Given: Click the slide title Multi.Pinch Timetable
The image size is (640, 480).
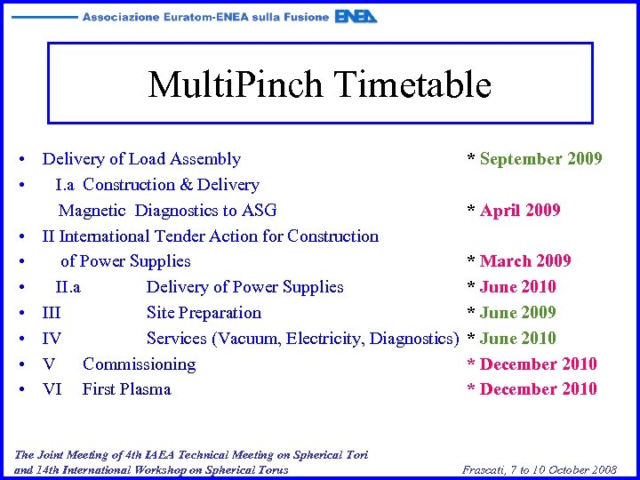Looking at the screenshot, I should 319,84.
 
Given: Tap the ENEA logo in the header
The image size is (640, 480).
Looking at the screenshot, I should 356,16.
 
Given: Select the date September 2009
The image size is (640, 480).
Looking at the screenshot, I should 540,159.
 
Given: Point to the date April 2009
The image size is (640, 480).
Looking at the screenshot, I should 520,211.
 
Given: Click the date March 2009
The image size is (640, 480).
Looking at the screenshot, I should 525,261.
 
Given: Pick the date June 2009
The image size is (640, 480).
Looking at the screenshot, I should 517,313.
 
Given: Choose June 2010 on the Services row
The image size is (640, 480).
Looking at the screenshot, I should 517,339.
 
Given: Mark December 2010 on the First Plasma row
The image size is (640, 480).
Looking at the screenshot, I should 538,389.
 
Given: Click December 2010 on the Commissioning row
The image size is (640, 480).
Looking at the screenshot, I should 538,364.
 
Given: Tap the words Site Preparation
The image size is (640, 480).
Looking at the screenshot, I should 204,313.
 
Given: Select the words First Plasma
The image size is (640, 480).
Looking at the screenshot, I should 126,389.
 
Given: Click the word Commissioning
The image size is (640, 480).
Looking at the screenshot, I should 139,364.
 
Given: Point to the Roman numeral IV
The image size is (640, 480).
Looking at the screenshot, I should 52,339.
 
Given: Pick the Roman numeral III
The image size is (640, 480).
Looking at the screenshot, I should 52,313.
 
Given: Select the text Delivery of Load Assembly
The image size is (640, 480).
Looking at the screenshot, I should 141,159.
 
